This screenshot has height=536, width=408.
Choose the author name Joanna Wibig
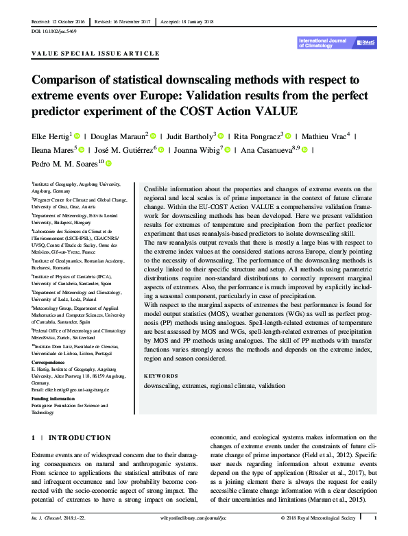[195, 150]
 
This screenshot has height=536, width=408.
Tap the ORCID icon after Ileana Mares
[81, 150]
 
